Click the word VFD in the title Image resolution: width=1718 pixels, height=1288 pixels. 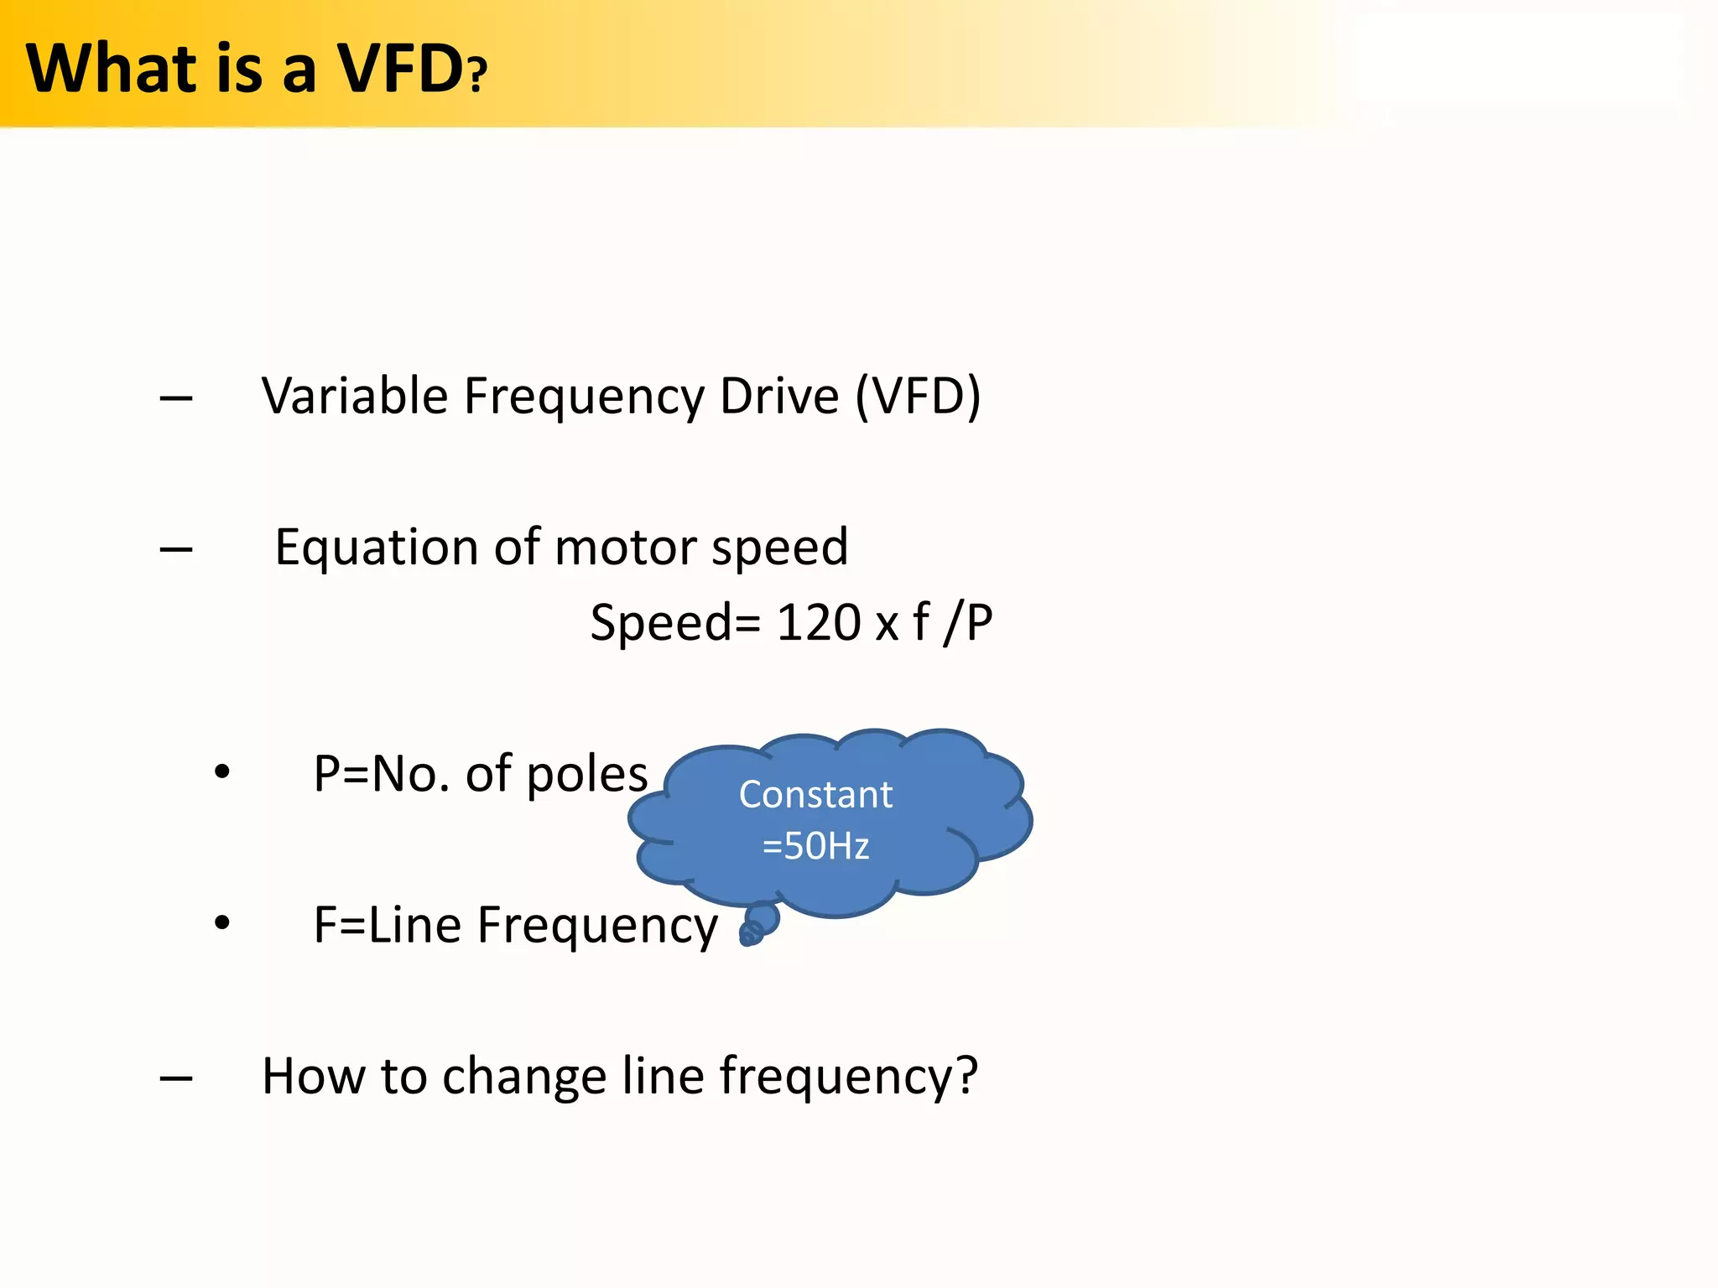(401, 69)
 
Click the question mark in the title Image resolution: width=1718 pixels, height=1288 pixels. (478, 74)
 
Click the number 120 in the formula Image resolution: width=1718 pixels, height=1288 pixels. (819, 622)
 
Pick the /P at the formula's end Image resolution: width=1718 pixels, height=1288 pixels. (968, 622)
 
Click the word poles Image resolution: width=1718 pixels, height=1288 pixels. (587, 774)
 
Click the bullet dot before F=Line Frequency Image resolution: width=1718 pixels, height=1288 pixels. (221, 923)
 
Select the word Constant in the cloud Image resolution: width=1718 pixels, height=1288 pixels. (815, 794)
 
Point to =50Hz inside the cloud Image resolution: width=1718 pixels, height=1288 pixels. (815, 845)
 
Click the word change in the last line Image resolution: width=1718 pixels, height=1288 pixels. (524, 1076)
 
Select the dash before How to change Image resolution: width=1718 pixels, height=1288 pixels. (176, 1078)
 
